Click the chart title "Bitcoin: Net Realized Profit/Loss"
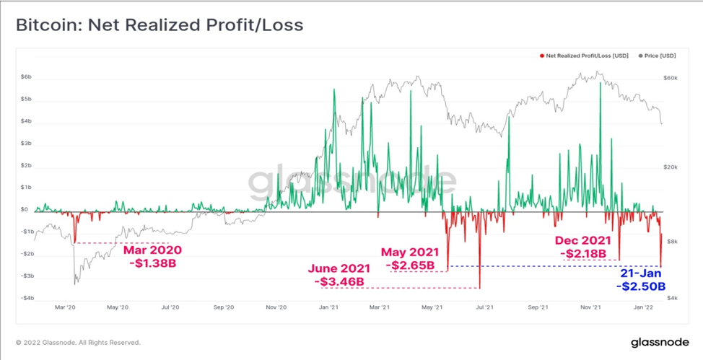click(x=160, y=25)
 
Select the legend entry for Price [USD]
click(x=658, y=56)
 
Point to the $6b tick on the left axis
click(x=26, y=77)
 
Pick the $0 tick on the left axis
click(x=25, y=209)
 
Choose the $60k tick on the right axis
click(x=671, y=78)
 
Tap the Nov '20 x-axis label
click(x=275, y=307)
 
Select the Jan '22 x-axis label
click(x=645, y=307)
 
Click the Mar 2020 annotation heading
click(x=153, y=250)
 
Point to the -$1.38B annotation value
click(x=152, y=263)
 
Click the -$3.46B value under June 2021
click(x=339, y=281)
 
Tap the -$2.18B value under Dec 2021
click(x=582, y=254)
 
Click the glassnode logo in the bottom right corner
click(x=660, y=343)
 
